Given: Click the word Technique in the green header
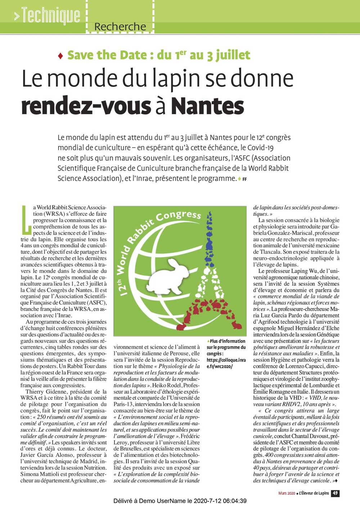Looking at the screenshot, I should coord(50,15).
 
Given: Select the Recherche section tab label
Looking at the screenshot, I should coord(120,27).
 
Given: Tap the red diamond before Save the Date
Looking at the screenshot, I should coord(60,56).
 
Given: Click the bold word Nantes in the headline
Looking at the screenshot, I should coord(207,106).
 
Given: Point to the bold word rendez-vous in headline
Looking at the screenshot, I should coord(86,106).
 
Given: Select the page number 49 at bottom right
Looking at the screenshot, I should coord(335,493).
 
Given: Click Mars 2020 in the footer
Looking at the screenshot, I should coord(287,493).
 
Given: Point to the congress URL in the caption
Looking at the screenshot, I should coord(226,363).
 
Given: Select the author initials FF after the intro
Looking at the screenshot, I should coord(244,179).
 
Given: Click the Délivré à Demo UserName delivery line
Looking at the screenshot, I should coord(180,501).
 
